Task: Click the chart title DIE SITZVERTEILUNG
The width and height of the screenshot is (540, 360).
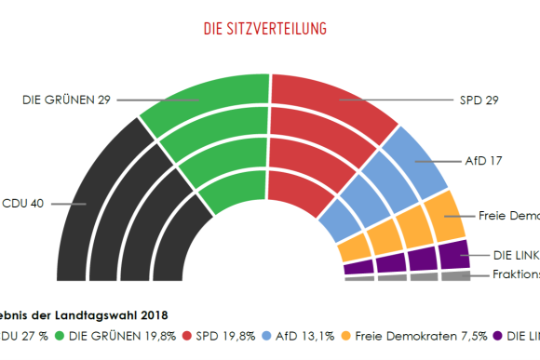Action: (x=264, y=29)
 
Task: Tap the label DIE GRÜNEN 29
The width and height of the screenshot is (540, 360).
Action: (x=66, y=100)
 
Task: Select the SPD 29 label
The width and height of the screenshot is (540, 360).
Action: (x=479, y=100)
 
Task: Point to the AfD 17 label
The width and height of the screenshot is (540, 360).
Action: (x=483, y=160)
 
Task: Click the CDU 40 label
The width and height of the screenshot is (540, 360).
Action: (x=22, y=203)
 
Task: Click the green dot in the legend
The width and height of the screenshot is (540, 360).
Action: (x=61, y=336)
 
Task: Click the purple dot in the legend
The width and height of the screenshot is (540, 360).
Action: (x=498, y=336)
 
